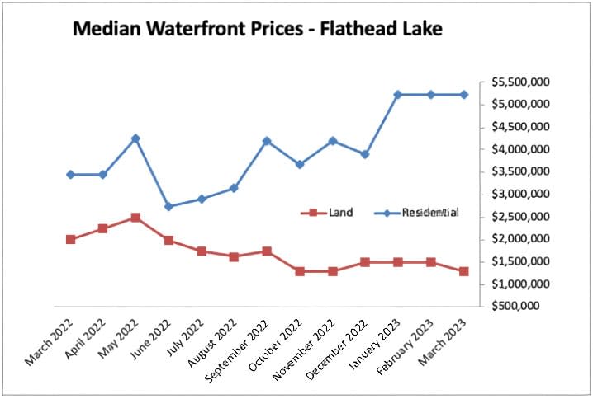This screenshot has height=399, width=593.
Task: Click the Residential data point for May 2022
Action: (x=135, y=138)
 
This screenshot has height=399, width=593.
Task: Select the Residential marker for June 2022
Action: (x=168, y=206)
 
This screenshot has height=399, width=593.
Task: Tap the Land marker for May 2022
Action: (x=135, y=218)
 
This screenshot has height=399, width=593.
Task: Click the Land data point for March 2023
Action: (x=463, y=271)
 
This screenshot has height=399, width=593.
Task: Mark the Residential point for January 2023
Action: (x=398, y=95)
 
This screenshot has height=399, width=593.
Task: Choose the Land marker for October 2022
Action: (x=300, y=271)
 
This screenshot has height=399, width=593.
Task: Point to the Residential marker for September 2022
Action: (x=267, y=141)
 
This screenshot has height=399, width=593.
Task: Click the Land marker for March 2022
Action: (x=70, y=239)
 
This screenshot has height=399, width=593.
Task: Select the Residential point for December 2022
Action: (x=365, y=154)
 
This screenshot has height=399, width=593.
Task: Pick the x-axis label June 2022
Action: (x=154, y=336)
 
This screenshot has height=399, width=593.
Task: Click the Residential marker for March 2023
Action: (x=463, y=95)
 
